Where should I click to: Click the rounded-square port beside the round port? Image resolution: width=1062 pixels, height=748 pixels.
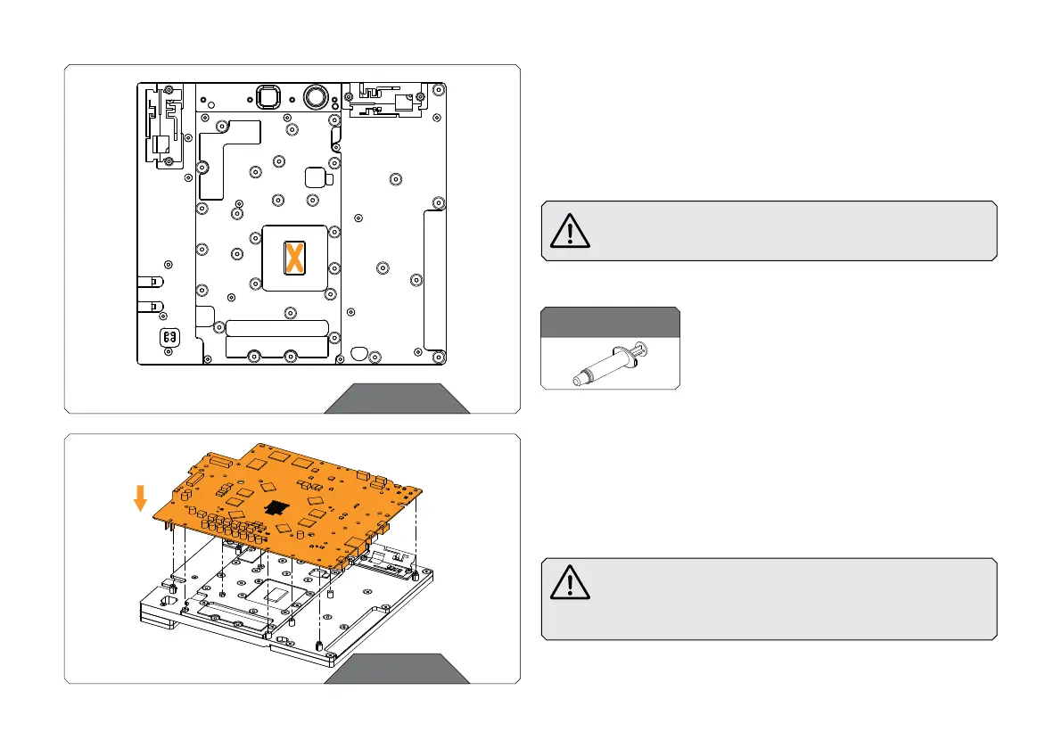266,95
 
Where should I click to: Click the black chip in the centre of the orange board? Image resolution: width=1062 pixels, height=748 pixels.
278,506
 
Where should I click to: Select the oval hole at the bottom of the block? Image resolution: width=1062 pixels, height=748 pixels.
359,352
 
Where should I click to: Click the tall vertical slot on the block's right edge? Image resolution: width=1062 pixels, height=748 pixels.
433,279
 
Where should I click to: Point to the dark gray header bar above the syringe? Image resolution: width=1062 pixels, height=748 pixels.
610,322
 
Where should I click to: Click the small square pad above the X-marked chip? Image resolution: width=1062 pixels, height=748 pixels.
316,176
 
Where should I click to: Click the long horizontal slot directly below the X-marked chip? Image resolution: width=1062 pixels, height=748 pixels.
277,327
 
